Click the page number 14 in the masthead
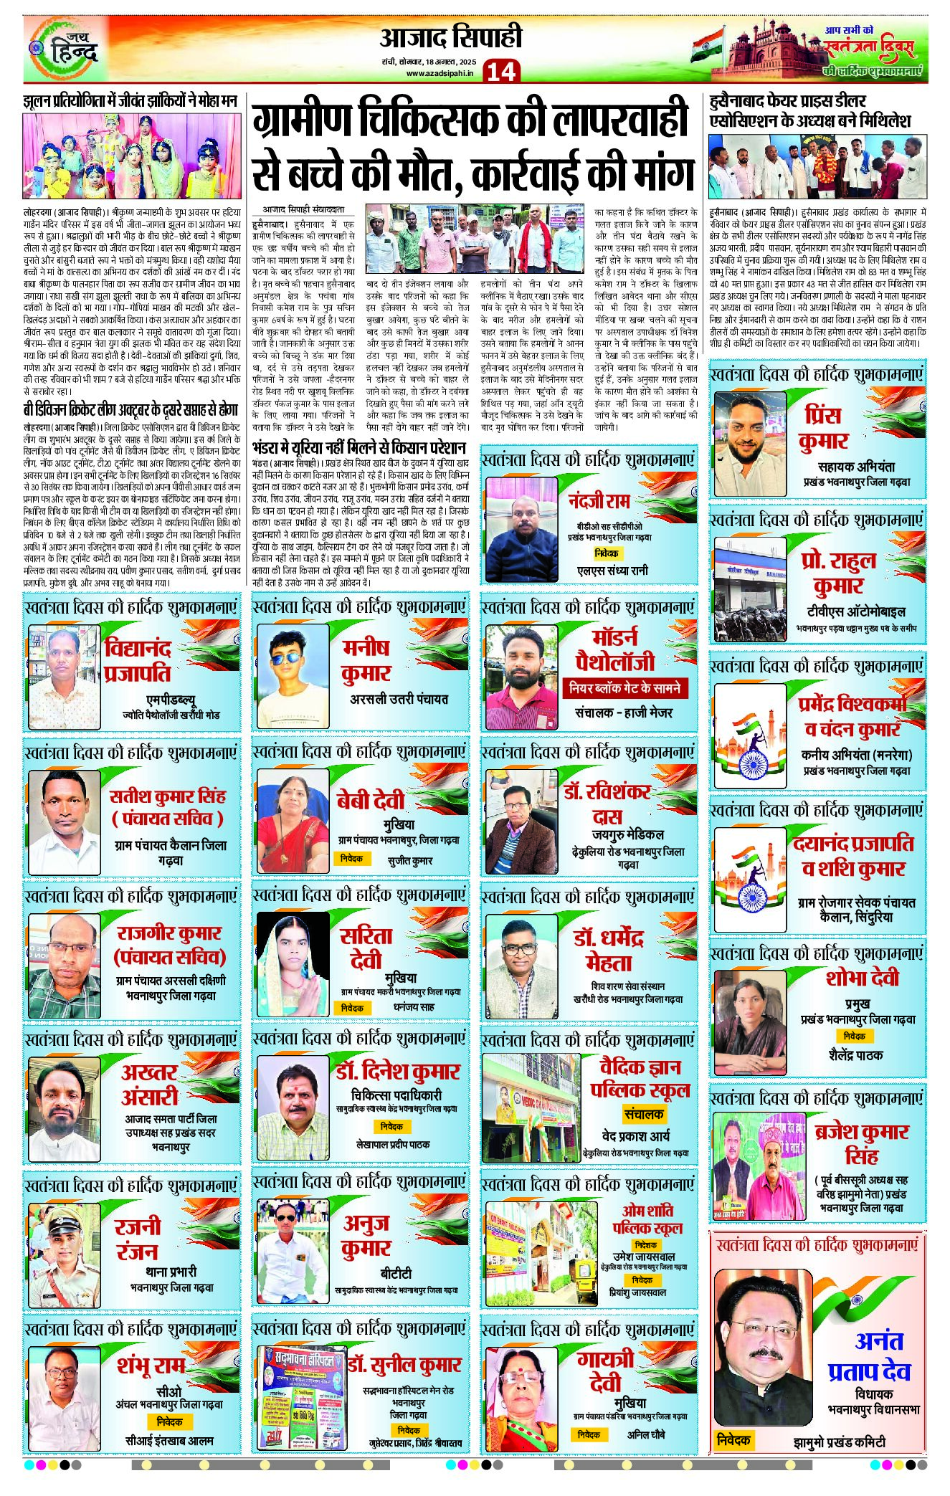(x=500, y=71)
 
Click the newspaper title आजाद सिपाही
(x=450, y=38)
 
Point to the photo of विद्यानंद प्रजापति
(x=64, y=666)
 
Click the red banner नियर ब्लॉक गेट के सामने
(x=624, y=688)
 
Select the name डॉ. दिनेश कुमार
(x=397, y=1072)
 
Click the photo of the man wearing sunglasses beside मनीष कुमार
(x=292, y=666)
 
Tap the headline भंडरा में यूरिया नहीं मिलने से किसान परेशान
(x=359, y=447)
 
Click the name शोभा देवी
(x=861, y=978)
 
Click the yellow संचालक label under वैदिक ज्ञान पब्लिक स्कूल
(x=643, y=1114)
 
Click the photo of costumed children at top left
(x=131, y=156)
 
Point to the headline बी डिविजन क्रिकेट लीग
(x=130, y=410)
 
